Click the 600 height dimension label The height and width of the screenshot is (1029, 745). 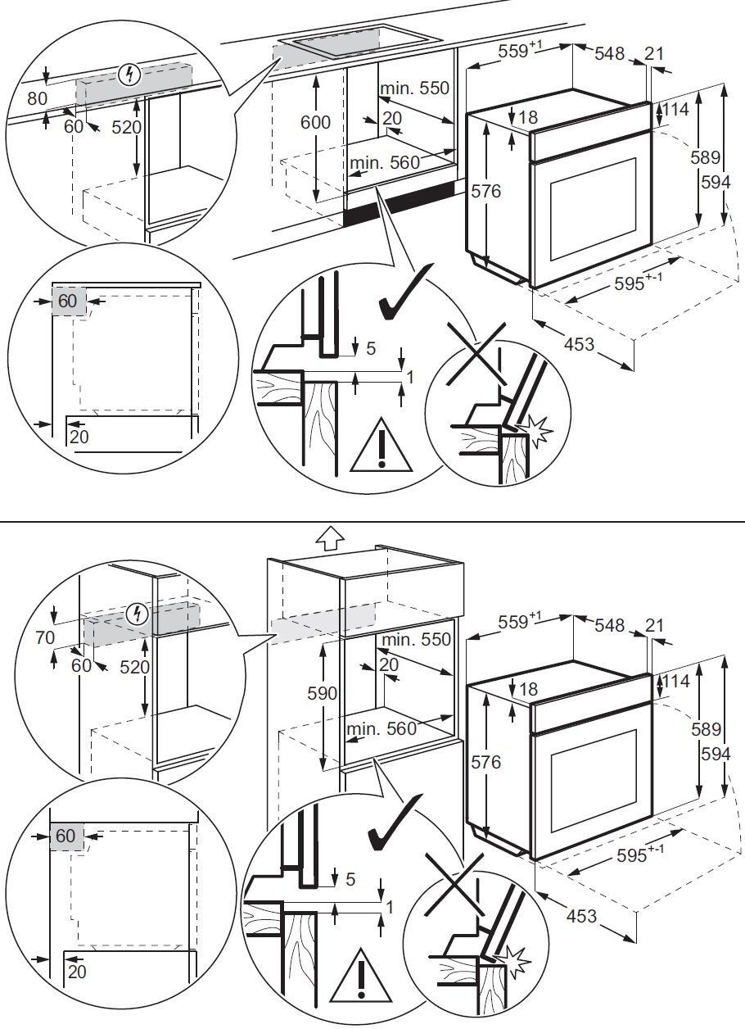[x=315, y=122]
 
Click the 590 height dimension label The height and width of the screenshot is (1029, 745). [x=323, y=693]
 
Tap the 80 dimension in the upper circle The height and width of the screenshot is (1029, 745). [x=38, y=97]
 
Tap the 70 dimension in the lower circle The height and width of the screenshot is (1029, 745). [x=44, y=637]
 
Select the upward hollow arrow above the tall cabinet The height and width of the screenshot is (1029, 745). [x=330, y=537]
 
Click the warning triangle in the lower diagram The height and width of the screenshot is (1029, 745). [x=359, y=976]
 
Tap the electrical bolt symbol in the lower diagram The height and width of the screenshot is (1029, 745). [x=138, y=613]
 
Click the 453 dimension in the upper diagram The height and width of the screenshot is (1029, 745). [x=579, y=345]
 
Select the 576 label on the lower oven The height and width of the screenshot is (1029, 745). [x=486, y=763]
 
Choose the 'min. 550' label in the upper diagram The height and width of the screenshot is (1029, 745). [x=414, y=88]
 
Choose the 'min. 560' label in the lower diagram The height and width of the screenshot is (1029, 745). [x=382, y=728]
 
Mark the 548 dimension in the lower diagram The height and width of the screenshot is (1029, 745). [x=609, y=625]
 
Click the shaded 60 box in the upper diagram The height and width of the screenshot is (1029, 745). [x=67, y=301]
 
